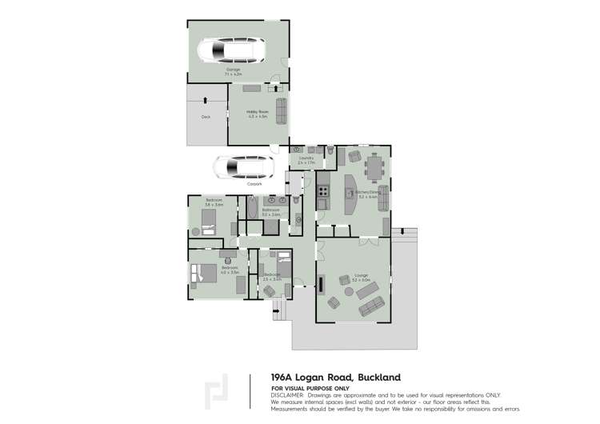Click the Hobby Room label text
coord(257,114)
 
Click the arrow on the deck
coord(206,100)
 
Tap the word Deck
coord(206,116)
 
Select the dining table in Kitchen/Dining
coord(374,169)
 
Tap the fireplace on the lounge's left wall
coord(322,284)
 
